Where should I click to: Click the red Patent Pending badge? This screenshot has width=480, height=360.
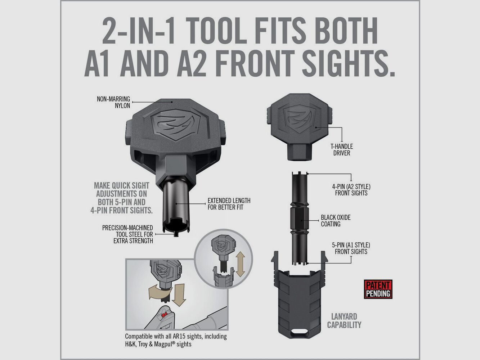[x=378, y=289]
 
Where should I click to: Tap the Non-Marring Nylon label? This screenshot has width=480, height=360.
[x=113, y=102]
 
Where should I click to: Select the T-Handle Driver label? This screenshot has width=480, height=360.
[x=341, y=149]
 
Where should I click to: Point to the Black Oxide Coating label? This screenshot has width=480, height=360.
[x=336, y=221]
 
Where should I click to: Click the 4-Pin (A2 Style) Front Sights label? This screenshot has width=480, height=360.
[x=351, y=190]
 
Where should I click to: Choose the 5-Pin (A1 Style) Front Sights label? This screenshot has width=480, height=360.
[x=351, y=248]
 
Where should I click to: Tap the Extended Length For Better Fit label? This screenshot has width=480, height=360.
[x=229, y=204]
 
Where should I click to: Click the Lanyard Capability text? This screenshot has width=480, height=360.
[x=344, y=320]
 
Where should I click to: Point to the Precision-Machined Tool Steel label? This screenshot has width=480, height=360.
[x=127, y=234]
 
